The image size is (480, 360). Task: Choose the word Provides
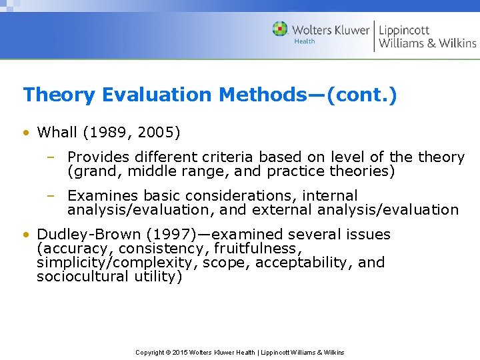pyautogui.click(x=97, y=158)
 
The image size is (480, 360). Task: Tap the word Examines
pyautogui.click(x=99, y=196)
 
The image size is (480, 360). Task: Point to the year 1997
pyautogui.click(x=158, y=235)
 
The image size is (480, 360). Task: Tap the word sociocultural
pyautogui.click(x=77, y=277)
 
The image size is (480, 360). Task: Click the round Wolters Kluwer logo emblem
pyautogui.click(x=281, y=30)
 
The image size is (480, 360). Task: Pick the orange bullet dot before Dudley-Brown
pyautogui.click(x=25, y=235)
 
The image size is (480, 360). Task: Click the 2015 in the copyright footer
pyautogui.click(x=180, y=353)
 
